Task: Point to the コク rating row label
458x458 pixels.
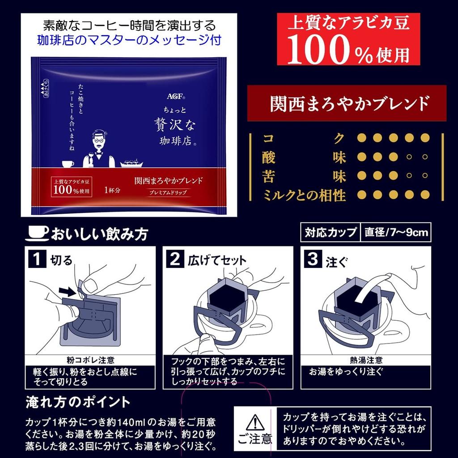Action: (x=305, y=138)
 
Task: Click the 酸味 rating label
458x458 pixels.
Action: (x=305, y=157)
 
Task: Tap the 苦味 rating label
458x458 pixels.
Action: (x=305, y=176)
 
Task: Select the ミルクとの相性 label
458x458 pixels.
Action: (x=305, y=195)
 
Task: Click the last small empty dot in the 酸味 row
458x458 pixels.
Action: (x=425, y=157)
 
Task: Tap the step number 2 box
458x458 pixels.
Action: (x=175, y=259)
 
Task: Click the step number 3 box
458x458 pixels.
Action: (x=312, y=259)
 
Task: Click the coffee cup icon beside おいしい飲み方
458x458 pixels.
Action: (x=38, y=232)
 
